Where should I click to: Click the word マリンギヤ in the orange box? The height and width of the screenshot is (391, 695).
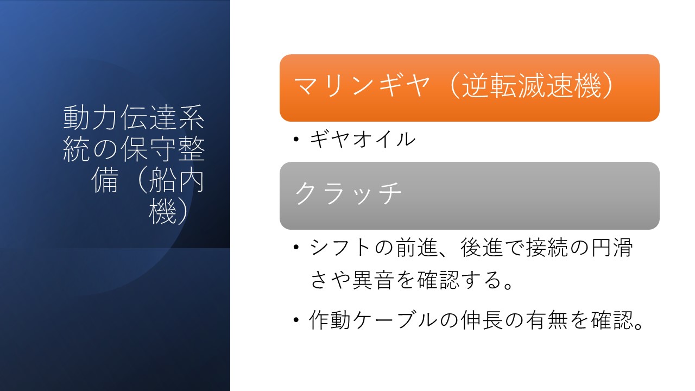click(362, 86)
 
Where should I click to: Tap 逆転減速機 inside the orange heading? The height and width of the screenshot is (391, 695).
click(532, 86)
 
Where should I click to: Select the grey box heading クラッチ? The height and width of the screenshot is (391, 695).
click(348, 193)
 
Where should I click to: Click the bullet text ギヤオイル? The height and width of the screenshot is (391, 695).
click(362, 139)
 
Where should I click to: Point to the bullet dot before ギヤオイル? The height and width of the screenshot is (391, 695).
click(296, 139)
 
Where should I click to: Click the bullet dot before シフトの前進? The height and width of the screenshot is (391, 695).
click(296, 247)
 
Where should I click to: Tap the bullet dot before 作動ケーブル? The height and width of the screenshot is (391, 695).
click(296, 320)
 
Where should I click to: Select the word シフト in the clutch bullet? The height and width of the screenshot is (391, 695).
click(341, 248)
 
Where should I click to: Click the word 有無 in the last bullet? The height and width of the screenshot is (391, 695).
click(547, 320)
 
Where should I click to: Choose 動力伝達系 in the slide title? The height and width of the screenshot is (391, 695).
click(134, 117)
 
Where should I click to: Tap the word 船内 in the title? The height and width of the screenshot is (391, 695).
click(176, 180)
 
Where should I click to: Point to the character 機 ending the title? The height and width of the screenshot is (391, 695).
click(162, 212)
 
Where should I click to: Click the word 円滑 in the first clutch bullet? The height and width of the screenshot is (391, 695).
click(612, 248)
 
